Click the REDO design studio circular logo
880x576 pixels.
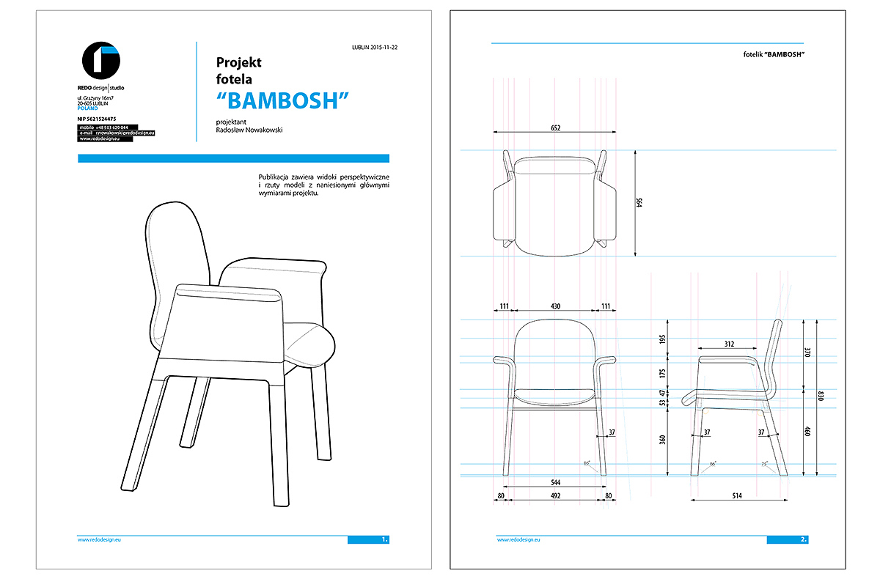[x=101, y=62]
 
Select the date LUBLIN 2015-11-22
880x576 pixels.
[x=380, y=48]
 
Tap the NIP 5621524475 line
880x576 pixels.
[x=96, y=119]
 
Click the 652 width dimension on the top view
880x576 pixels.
[x=555, y=128]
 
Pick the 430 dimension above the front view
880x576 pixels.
[x=555, y=306]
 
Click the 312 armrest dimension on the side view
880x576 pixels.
[x=729, y=344]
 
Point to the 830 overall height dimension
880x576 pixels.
[x=821, y=396]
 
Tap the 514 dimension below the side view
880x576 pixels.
[x=737, y=496]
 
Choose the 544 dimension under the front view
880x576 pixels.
[x=555, y=482]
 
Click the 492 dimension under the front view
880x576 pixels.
[x=555, y=496]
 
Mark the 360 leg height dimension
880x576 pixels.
[x=662, y=440]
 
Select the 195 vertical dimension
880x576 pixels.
[x=662, y=339]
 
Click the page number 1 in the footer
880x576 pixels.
[x=384, y=540]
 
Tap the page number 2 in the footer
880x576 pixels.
[x=804, y=540]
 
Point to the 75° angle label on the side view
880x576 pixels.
[x=764, y=464]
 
